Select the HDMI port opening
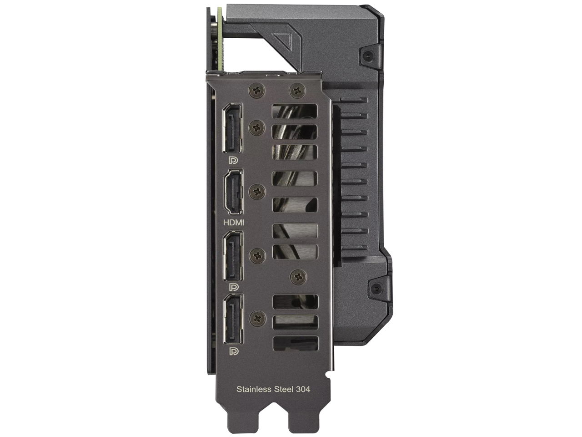point(233,192)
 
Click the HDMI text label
point(234,223)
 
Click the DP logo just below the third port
point(234,287)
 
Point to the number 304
point(303,389)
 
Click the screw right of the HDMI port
point(258,192)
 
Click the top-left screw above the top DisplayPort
point(257,91)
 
